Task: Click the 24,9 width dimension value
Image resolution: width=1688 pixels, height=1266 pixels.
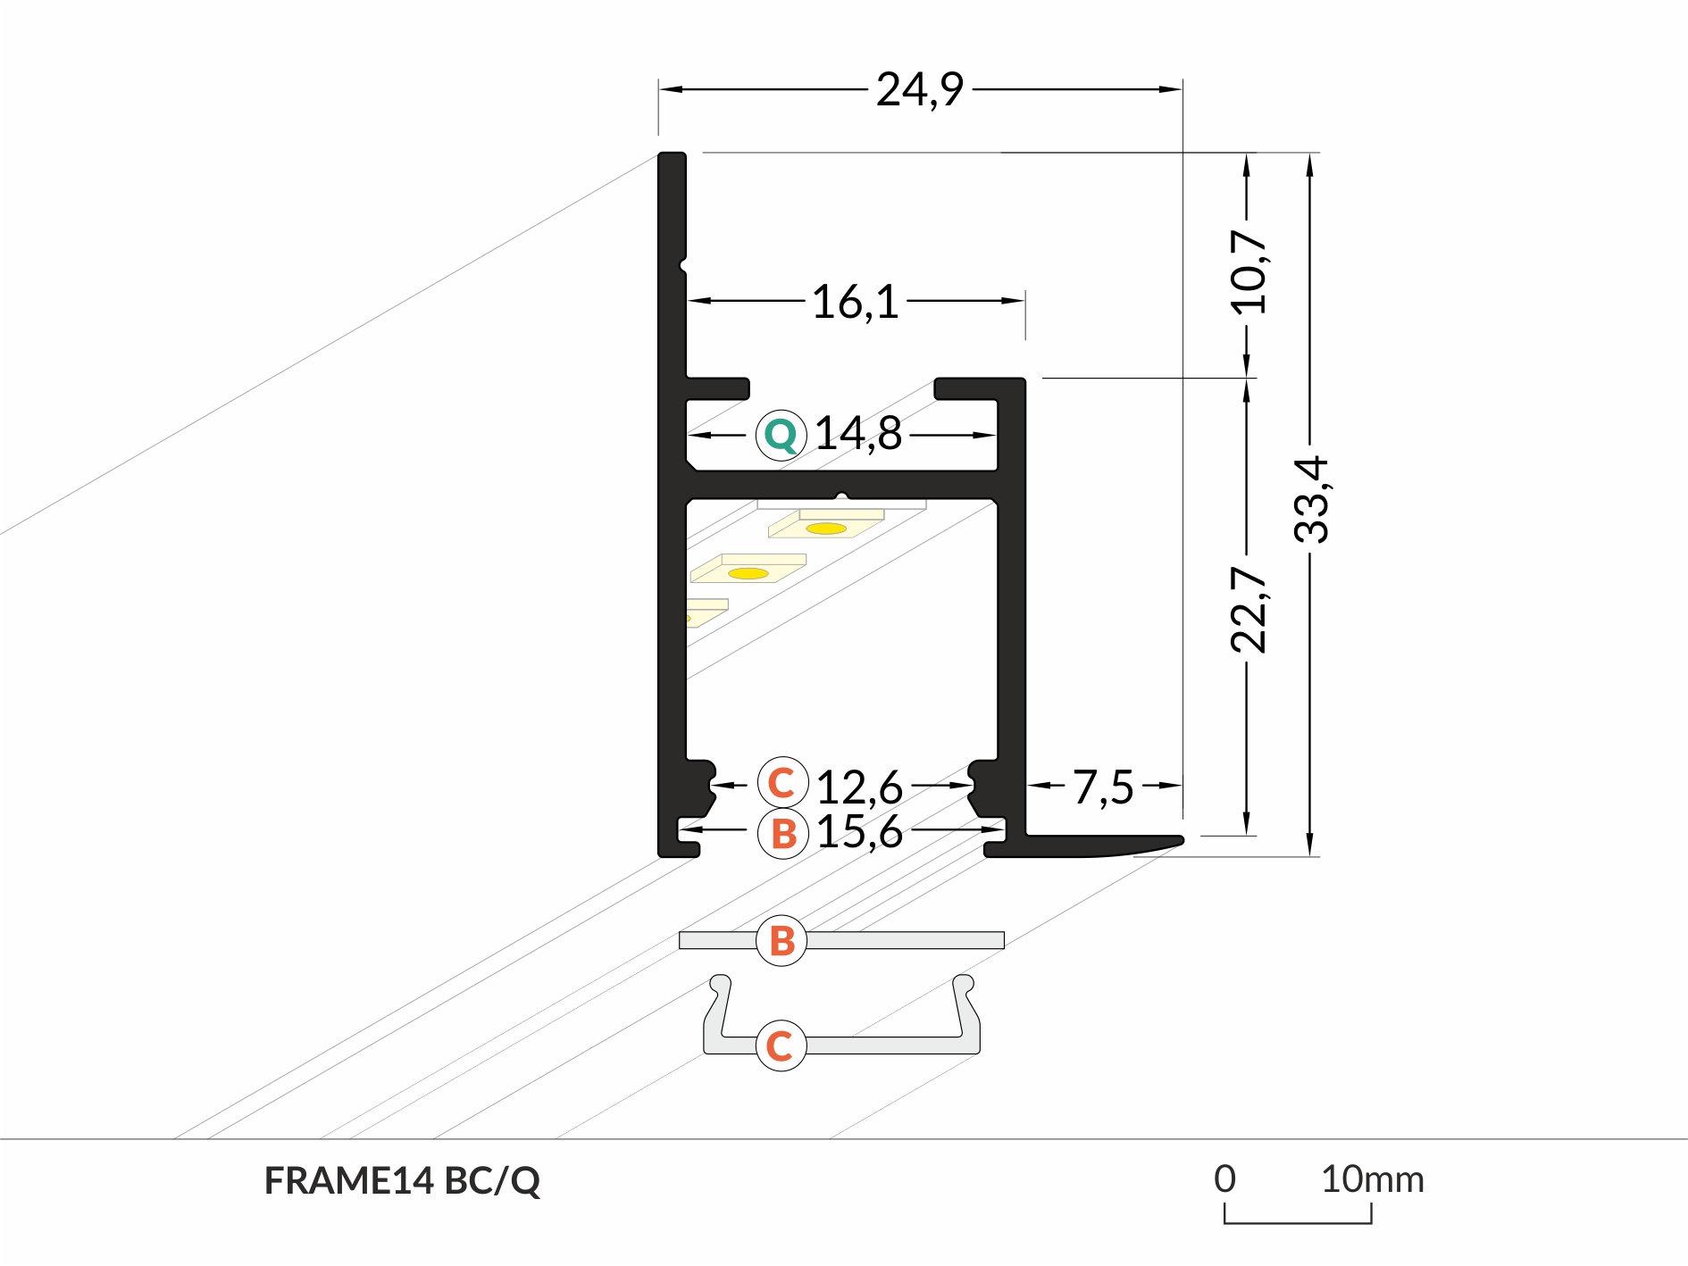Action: pyautogui.click(x=919, y=90)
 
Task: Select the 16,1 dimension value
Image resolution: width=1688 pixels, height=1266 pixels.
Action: pyautogui.click(x=855, y=302)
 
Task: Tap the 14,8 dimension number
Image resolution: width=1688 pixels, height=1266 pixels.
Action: pyautogui.click(x=858, y=434)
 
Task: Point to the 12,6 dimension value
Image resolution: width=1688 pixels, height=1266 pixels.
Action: pyautogui.click(x=859, y=787)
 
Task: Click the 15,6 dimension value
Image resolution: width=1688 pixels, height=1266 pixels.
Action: pyautogui.click(x=859, y=832)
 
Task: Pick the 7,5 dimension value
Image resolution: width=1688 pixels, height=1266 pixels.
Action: pyautogui.click(x=1103, y=787)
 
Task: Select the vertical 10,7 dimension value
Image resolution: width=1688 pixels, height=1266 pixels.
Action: pyautogui.click(x=1248, y=271)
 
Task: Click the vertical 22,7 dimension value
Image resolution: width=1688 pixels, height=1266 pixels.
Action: pyautogui.click(x=1248, y=610)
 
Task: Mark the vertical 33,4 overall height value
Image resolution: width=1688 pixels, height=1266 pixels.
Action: pyautogui.click(x=1311, y=499)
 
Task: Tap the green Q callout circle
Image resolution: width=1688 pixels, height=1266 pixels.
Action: pyautogui.click(x=781, y=436)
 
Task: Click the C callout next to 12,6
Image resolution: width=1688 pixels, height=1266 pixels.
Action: pyautogui.click(x=781, y=783)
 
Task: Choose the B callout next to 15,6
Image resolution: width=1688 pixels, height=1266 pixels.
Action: pyautogui.click(x=782, y=834)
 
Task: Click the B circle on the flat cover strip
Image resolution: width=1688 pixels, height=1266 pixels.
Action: pyautogui.click(x=781, y=940)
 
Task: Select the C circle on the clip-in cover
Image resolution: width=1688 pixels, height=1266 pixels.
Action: pyautogui.click(x=781, y=1045)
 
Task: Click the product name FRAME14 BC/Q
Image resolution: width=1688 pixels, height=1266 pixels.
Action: pyautogui.click(x=402, y=1181)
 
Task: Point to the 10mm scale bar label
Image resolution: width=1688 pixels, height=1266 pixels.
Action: pyautogui.click(x=1372, y=1180)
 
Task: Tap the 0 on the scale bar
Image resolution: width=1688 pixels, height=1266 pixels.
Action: pyautogui.click(x=1224, y=1179)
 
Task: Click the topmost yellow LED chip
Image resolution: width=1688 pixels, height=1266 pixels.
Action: pyautogui.click(x=826, y=528)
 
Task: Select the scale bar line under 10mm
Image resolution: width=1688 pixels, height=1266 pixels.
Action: pyautogui.click(x=1298, y=1221)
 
